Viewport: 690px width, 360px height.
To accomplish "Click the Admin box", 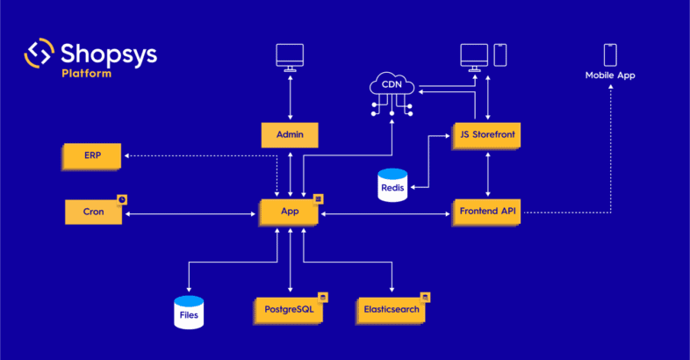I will click(289, 135).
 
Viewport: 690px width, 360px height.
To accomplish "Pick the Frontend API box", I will click(487, 212).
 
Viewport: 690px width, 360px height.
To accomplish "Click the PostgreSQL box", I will click(289, 309).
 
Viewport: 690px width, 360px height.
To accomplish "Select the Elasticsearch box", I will click(392, 309).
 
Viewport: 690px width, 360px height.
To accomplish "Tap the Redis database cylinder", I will click(392, 185).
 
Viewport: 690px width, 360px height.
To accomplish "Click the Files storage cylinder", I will click(189, 312).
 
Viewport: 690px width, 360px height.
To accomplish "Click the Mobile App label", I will click(609, 76).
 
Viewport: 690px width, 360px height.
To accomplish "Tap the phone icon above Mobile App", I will click(609, 54).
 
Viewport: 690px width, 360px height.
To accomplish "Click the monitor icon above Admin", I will click(289, 55).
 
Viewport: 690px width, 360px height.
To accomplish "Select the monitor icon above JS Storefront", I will click(475, 55).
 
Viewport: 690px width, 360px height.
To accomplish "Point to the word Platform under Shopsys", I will click(86, 73).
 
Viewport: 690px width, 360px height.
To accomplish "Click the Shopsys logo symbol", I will click(40, 53).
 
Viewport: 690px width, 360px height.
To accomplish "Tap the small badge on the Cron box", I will click(122, 199).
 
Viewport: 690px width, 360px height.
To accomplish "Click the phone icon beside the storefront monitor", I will click(500, 54).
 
